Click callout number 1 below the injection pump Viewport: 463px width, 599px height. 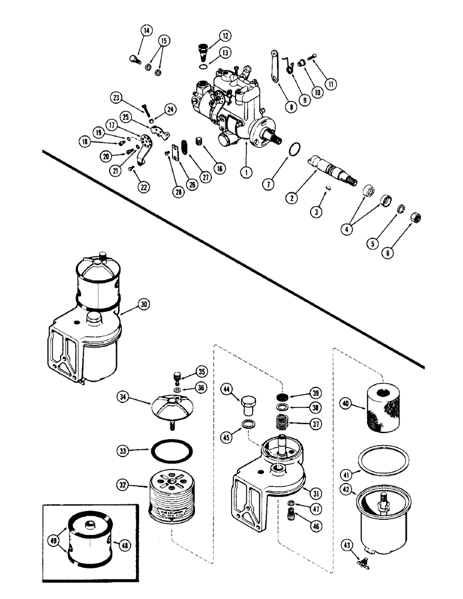click(244, 171)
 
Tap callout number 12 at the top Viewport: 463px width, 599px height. click(209, 35)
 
